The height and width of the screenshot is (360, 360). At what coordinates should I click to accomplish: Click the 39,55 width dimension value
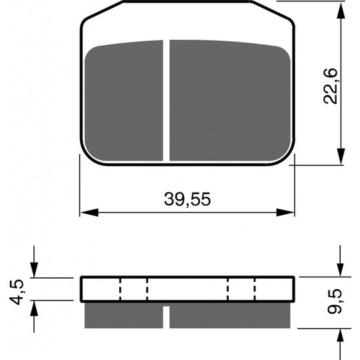(x=187, y=199)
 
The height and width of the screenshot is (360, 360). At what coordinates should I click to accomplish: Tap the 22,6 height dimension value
(x=331, y=86)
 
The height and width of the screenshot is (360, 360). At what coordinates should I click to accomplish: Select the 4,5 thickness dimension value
(x=16, y=292)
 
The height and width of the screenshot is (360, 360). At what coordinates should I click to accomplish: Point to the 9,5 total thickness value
(x=335, y=301)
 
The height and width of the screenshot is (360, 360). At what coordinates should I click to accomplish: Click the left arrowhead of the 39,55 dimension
(x=89, y=213)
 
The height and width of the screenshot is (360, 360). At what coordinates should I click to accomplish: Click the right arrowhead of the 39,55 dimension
(x=285, y=213)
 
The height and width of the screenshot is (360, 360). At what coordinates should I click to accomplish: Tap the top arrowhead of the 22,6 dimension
(x=341, y=11)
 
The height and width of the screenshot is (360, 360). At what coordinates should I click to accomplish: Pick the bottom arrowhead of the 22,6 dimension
(x=341, y=156)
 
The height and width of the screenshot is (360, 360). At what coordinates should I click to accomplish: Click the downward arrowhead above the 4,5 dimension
(x=34, y=269)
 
